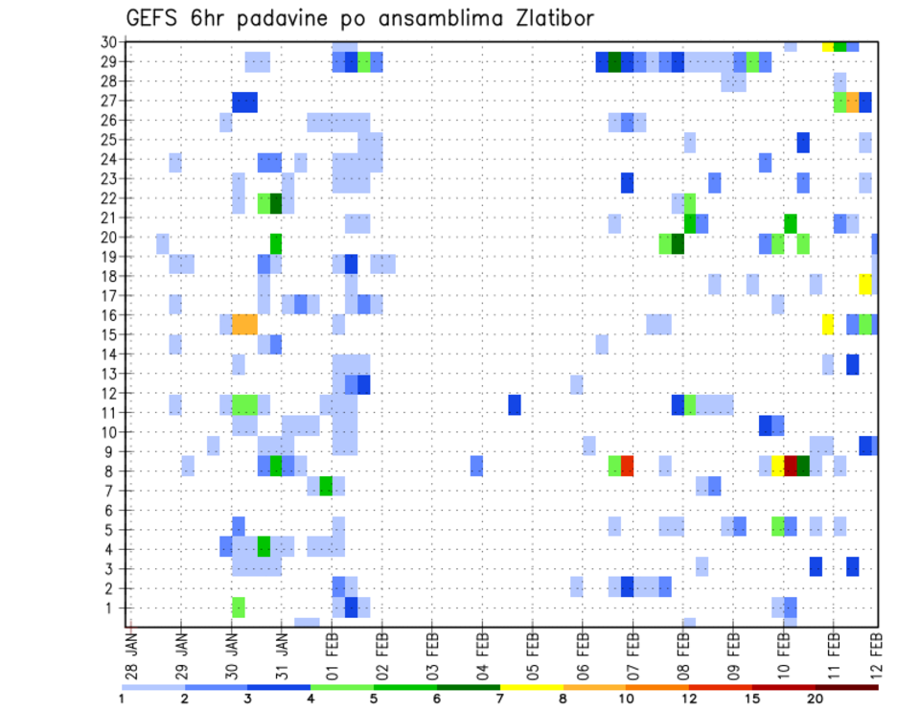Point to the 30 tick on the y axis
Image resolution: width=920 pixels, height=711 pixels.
point(109,42)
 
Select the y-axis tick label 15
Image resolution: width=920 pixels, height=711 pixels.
point(109,334)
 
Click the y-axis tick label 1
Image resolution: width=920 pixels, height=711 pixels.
point(113,608)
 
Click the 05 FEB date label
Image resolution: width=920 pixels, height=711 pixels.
point(532,651)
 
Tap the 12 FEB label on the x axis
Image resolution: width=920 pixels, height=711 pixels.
point(877,651)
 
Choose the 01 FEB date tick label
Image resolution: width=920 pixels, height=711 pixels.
point(333,651)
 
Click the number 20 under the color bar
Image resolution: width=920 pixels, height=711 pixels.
point(816,698)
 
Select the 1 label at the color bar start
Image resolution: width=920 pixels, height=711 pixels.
point(122,698)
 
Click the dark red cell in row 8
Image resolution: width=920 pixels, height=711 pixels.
point(791,466)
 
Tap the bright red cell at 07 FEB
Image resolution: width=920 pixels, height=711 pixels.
point(627,466)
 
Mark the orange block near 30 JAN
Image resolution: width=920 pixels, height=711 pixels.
point(244,324)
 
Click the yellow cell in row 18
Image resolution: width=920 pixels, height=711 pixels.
point(865,284)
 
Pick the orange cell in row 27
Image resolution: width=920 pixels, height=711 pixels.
point(853,102)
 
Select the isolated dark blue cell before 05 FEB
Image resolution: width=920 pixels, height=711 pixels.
point(515,404)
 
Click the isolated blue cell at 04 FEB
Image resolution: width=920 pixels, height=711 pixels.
point(476,466)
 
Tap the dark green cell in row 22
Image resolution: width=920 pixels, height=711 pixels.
point(276,203)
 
